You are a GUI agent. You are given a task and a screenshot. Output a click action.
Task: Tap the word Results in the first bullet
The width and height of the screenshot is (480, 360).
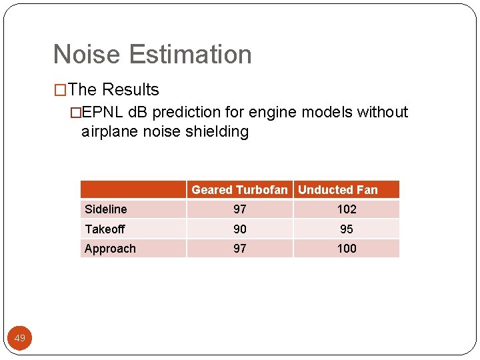(x=131, y=90)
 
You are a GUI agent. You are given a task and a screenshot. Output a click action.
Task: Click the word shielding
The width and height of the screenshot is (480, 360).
(x=217, y=131)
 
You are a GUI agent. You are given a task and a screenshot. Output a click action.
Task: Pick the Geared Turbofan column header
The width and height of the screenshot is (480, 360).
(x=239, y=190)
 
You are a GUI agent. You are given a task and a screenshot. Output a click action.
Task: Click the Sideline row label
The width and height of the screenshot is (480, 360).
(x=106, y=209)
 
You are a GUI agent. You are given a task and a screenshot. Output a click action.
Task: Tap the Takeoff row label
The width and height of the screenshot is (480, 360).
(x=105, y=229)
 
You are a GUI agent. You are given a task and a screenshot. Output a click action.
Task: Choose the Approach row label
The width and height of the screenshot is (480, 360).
(x=110, y=249)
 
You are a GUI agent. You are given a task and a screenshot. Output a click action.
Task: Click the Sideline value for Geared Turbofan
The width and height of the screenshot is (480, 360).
(x=240, y=209)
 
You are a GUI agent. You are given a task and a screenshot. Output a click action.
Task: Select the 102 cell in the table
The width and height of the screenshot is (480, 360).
(x=347, y=209)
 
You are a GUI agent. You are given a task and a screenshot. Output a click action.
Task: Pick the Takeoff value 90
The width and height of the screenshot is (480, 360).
(x=240, y=229)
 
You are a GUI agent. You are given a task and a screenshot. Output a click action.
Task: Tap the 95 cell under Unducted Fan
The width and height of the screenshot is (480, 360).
(x=347, y=229)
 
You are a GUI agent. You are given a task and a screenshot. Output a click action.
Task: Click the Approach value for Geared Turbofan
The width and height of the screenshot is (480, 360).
(x=240, y=249)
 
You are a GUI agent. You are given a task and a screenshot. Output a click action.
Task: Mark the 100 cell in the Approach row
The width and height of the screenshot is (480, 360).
(x=347, y=249)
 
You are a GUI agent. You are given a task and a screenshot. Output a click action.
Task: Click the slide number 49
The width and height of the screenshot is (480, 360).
(x=20, y=339)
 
